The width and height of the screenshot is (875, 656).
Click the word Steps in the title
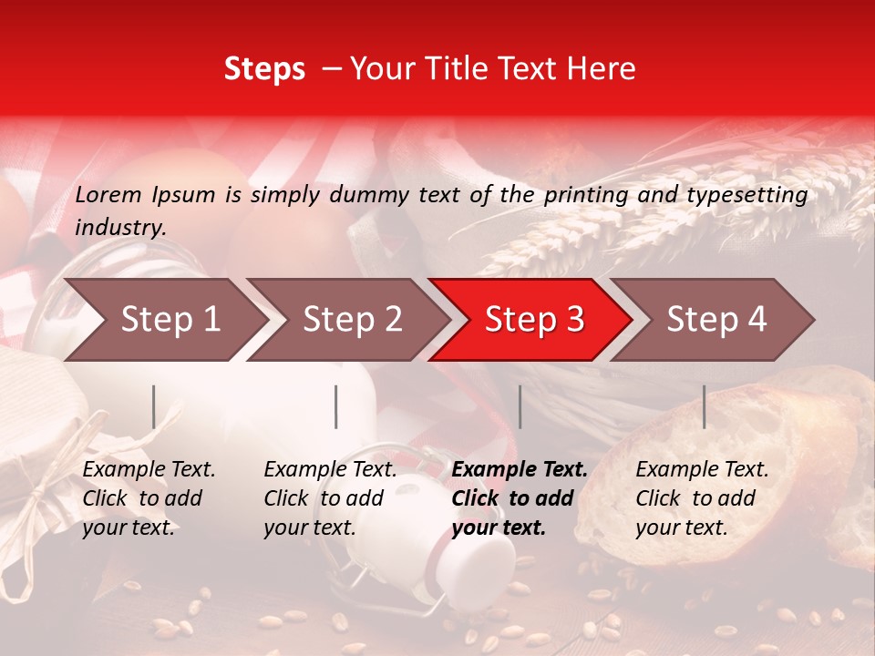264,68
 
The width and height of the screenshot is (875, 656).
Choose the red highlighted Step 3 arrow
534,319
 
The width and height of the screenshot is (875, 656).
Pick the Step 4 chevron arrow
716,319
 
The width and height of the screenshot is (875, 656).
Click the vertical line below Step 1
154,406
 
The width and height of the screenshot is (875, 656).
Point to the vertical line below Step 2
336,406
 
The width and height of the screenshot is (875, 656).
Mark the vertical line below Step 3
520,406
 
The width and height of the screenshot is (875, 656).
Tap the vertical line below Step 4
704,406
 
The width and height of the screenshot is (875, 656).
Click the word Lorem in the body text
108,194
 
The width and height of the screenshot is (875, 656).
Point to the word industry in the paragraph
120,227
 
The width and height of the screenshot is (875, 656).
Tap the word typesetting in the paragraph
754,194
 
